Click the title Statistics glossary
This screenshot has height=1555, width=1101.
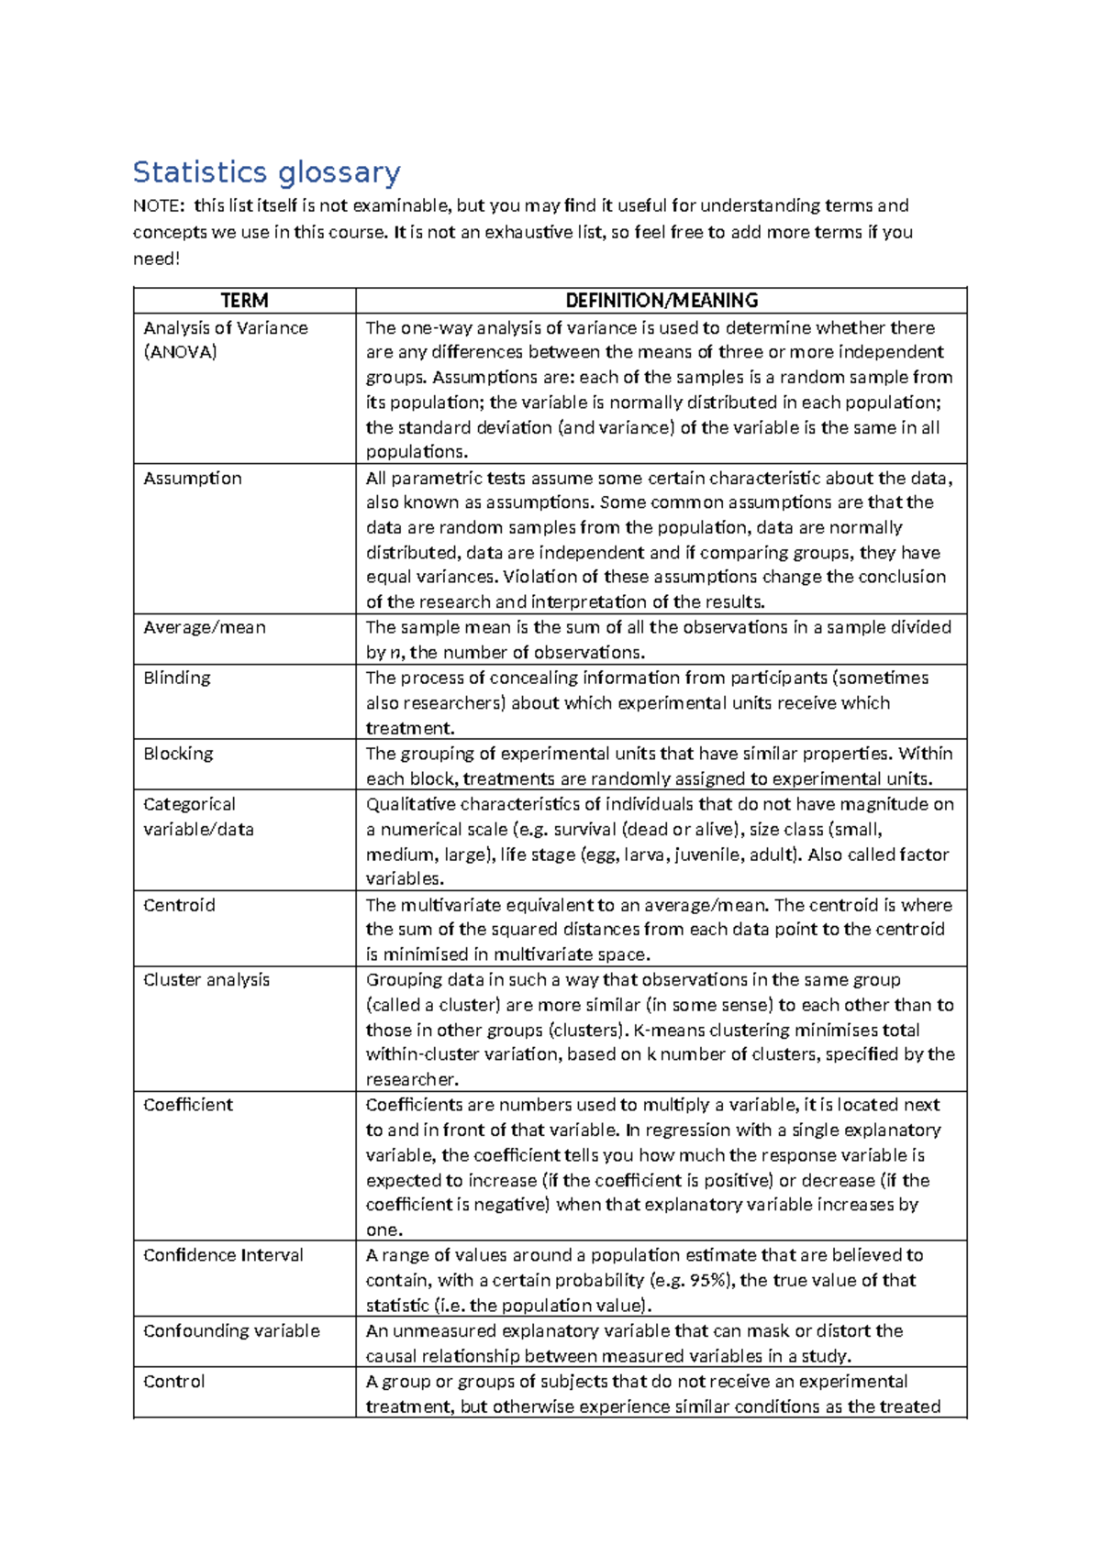pos(266,172)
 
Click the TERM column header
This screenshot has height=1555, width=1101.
pos(244,301)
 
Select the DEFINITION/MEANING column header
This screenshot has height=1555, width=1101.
pos(661,301)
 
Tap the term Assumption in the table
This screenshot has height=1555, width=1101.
pos(193,479)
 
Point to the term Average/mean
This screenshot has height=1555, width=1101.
pos(205,628)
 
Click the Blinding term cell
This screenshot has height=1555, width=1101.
pos(177,678)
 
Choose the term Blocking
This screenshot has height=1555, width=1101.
pos(178,754)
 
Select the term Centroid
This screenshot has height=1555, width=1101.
pos(179,906)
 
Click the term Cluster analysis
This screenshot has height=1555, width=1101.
pos(206,980)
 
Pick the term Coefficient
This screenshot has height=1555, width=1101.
pos(188,1106)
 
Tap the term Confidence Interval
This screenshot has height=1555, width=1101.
pos(223,1256)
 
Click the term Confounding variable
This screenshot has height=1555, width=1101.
pos(231,1331)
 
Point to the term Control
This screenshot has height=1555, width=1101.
pos(174,1382)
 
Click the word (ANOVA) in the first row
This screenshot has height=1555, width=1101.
pos(181,353)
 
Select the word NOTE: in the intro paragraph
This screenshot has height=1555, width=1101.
pos(158,206)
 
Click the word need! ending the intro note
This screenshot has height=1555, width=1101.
pos(156,259)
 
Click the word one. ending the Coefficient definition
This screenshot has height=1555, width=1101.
pos(384,1230)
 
